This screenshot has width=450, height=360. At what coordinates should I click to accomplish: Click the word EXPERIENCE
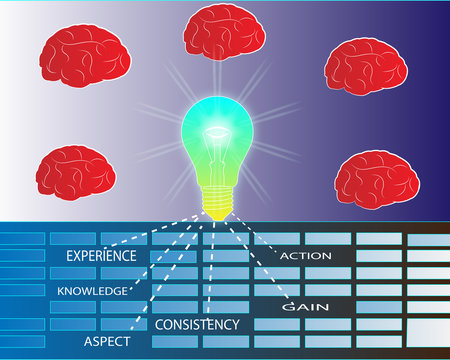[100, 256]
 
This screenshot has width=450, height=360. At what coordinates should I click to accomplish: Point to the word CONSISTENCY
[197, 325]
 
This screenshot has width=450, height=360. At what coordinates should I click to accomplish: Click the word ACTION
[305, 257]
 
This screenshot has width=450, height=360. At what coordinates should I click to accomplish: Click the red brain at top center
[225, 32]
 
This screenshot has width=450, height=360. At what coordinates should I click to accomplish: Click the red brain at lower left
[76, 173]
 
